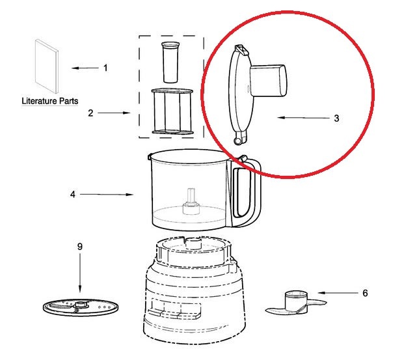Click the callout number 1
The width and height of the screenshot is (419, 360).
pyautogui.click(x=106, y=68)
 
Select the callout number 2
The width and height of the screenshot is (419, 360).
pyautogui.click(x=90, y=113)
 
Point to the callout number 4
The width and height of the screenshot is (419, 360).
pyautogui.click(x=73, y=194)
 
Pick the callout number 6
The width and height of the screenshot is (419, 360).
pyautogui.click(x=365, y=293)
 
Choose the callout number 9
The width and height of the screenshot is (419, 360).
pyautogui.click(x=80, y=247)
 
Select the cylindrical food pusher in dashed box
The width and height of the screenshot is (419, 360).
pyautogui.click(x=170, y=61)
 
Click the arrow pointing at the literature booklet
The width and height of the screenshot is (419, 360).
pyautogui.click(x=83, y=68)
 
